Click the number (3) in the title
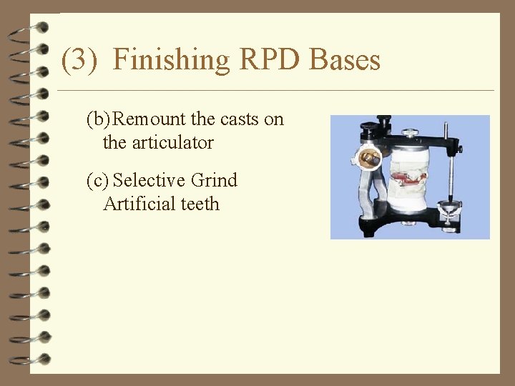78,60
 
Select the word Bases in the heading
345,59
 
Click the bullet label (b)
98,119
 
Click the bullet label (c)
98,180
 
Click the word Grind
214,180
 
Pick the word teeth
200,204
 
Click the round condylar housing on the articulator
368,157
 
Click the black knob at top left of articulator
368,129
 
